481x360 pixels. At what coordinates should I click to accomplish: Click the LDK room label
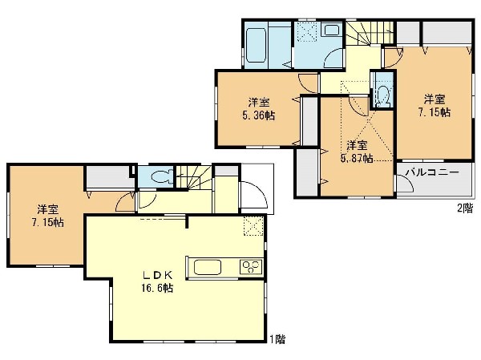(x=157, y=275)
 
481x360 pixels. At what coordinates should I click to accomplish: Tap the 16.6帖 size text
(x=157, y=288)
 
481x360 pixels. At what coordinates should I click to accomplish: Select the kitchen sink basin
(x=208, y=267)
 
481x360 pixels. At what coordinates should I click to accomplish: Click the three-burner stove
(x=251, y=267)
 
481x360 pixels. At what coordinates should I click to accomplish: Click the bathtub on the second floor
(x=257, y=45)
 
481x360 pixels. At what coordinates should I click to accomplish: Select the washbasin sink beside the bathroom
(x=332, y=30)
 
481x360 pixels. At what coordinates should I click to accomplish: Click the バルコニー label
(x=432, y=172)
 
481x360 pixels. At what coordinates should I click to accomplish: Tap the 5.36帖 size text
(x=259, y=115)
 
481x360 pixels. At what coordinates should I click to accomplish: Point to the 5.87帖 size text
(x=357, y=159)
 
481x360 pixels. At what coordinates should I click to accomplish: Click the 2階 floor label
(x=465, y=208)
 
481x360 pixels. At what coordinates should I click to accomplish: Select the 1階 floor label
(x=277, y=339)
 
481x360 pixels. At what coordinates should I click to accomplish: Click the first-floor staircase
(x=193, y=178)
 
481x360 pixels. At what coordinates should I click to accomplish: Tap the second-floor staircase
(x=370, y=33)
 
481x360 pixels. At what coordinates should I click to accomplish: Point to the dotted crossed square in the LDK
(x=253, y=226)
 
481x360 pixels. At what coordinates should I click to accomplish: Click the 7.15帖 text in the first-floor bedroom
(x=48, y=222)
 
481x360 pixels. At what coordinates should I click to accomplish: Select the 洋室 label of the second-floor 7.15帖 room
(x=435, y=99)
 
